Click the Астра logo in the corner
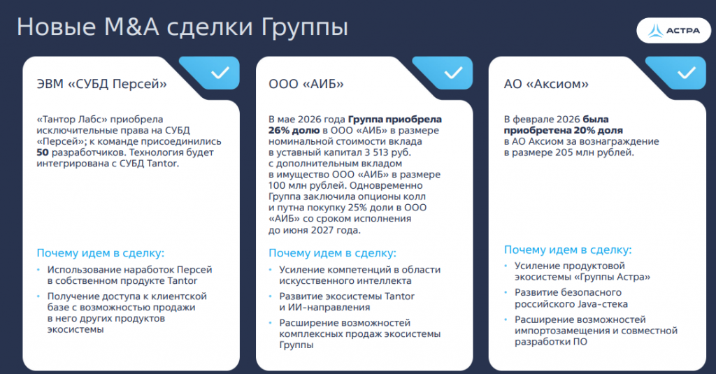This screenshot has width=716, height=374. point(673,31)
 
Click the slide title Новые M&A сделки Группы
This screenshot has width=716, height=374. point(182,27)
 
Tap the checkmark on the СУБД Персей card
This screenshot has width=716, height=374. point(220,73)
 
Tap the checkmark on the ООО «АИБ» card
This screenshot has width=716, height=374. point(453,73)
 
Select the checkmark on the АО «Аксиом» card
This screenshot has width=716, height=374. point(687,73)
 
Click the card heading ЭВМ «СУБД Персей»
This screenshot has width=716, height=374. point(101,84)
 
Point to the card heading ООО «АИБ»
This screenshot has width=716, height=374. point(306,84)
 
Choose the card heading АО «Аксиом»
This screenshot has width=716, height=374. point(546,84)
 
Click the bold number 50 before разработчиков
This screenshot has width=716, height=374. point(43,152)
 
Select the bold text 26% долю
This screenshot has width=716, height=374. point(294,131)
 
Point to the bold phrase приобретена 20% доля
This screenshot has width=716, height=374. point(563,131)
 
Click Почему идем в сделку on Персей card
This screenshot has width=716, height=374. point(101,253)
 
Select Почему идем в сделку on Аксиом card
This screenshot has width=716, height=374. point(568,250)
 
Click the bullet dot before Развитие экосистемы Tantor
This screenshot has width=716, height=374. point(271,296)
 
